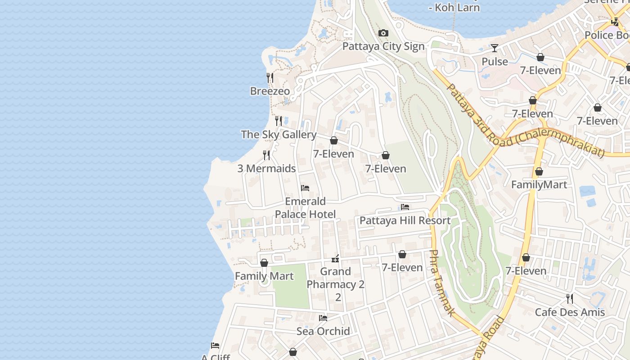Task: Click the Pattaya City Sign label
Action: pos(383,46)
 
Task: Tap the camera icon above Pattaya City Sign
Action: pos(383,33)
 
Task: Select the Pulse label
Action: pos(495,62)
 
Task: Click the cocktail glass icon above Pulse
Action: pos(495,48)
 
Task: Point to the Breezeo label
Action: pos(270,91)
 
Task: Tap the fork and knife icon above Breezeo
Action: pos(270,77)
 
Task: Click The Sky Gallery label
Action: pos(279,135)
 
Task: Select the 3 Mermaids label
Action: pos(266,169)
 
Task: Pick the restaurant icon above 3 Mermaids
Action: pos(266,155)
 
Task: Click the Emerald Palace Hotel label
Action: pos(305,207)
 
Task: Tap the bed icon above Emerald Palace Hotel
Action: pos(305,188)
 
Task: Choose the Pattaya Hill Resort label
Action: pos(405,220)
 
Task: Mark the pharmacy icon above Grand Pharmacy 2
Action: pos(335,258)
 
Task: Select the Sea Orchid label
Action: pos(323,331)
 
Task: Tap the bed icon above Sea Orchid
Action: pos(323,318)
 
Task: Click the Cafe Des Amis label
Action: pos(570,312)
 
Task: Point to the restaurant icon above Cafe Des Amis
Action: pos(570,298)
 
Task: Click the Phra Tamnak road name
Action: pos(441,283)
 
